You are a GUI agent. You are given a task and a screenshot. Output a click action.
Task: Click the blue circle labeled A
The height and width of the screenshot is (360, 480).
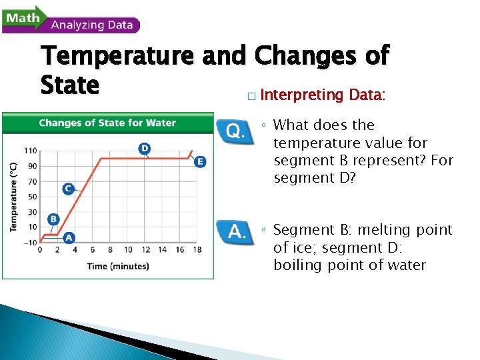click(69, 237)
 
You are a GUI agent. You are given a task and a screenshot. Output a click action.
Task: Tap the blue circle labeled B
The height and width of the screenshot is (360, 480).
click(53, 219)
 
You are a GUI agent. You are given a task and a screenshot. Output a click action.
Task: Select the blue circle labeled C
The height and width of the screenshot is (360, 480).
click(68, 189)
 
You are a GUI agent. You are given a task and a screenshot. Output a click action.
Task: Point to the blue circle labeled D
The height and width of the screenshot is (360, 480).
click(144, 147)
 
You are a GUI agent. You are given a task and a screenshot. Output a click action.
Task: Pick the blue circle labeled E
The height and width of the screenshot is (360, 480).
click(200, 161)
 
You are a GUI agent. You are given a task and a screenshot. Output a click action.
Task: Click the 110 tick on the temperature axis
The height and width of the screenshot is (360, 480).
click(31, 151)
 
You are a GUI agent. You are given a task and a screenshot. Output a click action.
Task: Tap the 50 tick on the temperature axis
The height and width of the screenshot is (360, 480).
click(32, 197)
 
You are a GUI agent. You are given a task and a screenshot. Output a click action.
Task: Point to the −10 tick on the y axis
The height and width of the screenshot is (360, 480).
click(30, 242)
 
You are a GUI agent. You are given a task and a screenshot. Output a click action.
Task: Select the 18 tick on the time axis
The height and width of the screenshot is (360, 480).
click(197, 250)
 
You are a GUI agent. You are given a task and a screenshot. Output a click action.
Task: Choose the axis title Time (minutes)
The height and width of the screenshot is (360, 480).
click(118, 266)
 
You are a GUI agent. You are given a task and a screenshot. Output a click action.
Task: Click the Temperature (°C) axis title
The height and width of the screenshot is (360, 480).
click(13, 197)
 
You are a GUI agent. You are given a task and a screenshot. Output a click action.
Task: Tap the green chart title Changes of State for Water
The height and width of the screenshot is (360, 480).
click(107, 123)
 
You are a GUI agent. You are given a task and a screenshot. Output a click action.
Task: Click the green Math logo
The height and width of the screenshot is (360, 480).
click(23, 17)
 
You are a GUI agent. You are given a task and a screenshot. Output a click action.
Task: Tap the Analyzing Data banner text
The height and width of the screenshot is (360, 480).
click(92, 25)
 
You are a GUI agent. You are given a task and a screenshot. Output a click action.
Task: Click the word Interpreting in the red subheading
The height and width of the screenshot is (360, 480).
click(301, 95)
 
